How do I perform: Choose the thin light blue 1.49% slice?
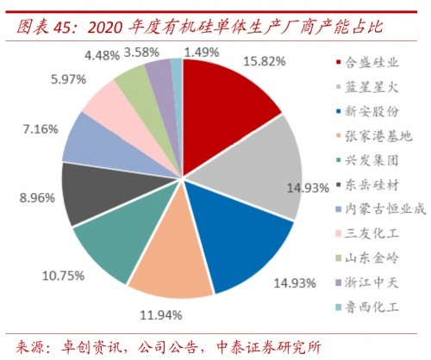(178, 95)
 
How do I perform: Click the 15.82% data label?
(265, 61)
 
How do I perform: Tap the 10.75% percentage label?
(63, 276)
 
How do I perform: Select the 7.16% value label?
(41, 129)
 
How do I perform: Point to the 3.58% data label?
(141, 53)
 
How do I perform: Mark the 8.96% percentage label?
(37, 198)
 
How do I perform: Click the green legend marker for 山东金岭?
(339, 258)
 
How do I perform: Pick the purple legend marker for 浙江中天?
(339, 283)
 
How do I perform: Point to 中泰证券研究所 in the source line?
(269, 347)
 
